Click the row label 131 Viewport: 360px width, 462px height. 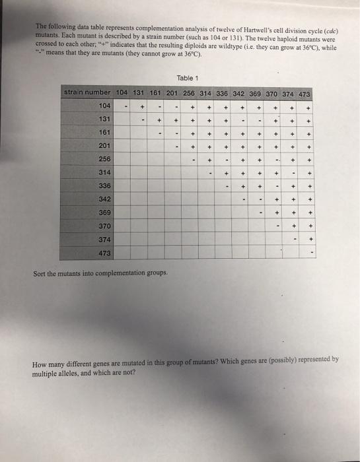tap(104, 119)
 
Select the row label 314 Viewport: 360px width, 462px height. tap(104, 172)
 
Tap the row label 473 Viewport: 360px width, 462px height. tap(104, 253)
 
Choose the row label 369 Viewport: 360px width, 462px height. tap(104, 213)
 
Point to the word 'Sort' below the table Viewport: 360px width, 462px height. tap(39, 272)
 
